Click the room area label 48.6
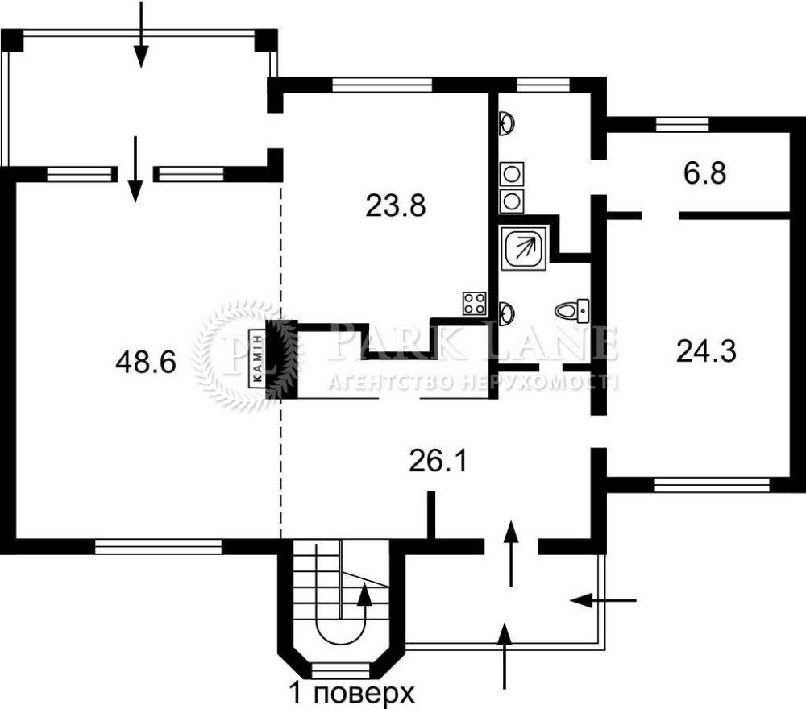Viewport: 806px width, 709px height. (146, 362)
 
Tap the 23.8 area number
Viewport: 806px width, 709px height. (396, 205)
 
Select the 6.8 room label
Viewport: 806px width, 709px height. (704, 173)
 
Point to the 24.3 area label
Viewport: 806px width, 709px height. (706, 352)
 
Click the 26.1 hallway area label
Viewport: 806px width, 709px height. (438, 461)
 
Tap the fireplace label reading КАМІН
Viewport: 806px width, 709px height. (257, 358)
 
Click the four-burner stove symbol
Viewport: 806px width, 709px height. (475, 303)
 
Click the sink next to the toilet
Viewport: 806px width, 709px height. (507, 313)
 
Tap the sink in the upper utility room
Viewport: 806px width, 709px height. (507, 123)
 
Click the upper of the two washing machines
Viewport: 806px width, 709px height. (512, 174)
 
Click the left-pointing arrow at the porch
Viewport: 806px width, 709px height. (603, 599)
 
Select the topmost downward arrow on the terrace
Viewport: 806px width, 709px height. (141, 34)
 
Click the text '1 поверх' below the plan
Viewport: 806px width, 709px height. (351, 694)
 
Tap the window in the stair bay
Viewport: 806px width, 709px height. (341, 670)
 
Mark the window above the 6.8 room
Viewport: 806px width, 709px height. (683, 124)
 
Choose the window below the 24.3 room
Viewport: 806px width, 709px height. (712, 485)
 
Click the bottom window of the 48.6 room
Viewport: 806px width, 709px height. (158, 546)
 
